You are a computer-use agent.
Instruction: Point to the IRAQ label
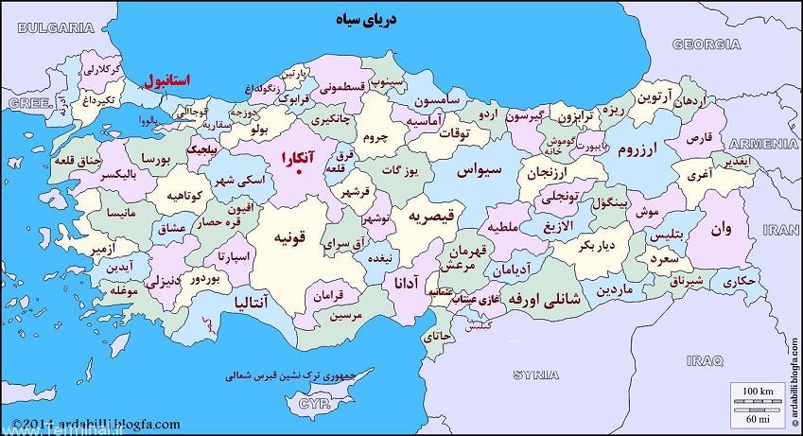click(x=705, y=360)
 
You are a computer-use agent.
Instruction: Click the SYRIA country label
click(x=535, y=375)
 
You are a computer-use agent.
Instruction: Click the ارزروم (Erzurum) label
click(x=642, y=149)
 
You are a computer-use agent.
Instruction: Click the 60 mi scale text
click(x=757, y=417)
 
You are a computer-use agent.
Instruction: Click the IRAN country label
click(x=780, y=230)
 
